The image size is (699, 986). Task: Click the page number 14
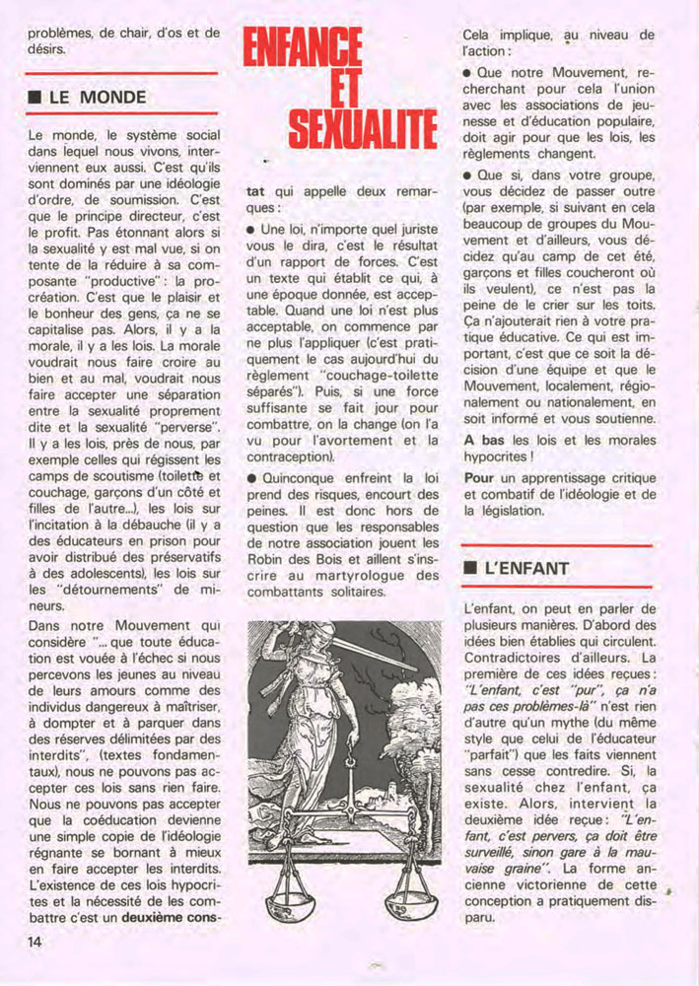pos(35,942)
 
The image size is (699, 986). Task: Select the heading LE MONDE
pos(97,98)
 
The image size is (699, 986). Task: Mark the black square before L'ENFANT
pos(470,569)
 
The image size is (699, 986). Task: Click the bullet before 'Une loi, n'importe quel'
pos(251,229)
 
